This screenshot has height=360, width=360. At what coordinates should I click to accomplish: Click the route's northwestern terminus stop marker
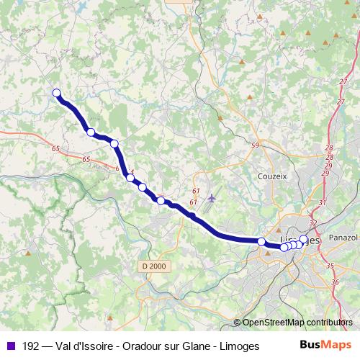[56, 92]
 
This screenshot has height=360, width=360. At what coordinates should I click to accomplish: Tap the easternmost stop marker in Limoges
[303, 239]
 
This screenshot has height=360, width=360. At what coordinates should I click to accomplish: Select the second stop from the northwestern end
[91, 132]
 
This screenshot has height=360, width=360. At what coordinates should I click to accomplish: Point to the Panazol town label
[341, 237]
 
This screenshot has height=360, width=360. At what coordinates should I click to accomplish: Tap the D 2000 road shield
[153, 266]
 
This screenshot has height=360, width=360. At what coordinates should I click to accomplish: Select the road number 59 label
[254, 146]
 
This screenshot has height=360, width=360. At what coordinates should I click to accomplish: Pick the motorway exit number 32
[312, 223]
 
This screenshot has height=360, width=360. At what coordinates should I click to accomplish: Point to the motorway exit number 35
[330, 266]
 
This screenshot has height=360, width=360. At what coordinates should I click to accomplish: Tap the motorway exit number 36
[336, 282]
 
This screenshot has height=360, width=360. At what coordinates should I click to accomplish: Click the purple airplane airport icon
[211, 197]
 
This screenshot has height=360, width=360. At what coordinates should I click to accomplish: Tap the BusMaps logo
[325, 346]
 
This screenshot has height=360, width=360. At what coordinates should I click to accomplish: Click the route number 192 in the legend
[31, 346]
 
